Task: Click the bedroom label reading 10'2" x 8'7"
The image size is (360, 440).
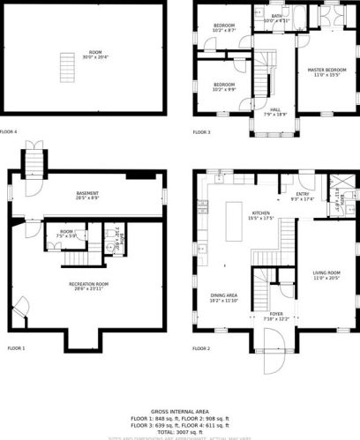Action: [223, 28]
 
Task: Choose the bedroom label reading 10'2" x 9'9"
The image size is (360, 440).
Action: [223, 86]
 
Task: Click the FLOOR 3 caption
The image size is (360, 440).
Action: [201, 132]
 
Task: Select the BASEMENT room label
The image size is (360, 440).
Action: [86, 195]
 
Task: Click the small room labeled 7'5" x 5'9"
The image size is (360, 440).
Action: [66, 235]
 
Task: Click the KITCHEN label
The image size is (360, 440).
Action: [260, 215]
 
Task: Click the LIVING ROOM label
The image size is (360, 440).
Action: [325, 276]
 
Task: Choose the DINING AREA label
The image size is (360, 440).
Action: [223, 298]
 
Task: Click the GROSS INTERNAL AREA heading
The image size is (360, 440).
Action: [179, 411]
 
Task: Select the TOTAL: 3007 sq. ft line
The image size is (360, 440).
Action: [179, 432]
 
